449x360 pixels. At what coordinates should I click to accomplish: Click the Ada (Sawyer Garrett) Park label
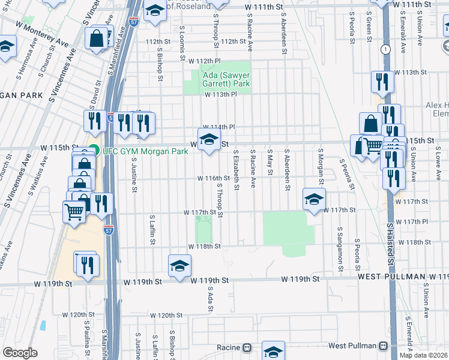coord(220,80)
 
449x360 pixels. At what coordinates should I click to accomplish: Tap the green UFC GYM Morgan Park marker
coord(93,151)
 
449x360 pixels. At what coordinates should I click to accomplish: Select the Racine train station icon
coord(247,348)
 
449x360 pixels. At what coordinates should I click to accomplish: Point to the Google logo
coord(20,353)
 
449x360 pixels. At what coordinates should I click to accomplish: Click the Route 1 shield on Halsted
coord(385,49)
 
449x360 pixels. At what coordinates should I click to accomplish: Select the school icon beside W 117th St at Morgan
coord(313,200)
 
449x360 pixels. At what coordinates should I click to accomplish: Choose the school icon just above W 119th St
coord(179,266)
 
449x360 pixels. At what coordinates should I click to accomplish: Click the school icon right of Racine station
coord(273,352)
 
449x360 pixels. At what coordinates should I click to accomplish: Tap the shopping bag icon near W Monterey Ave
coord(97,40)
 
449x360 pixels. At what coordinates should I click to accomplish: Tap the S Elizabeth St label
coord(237,170)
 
